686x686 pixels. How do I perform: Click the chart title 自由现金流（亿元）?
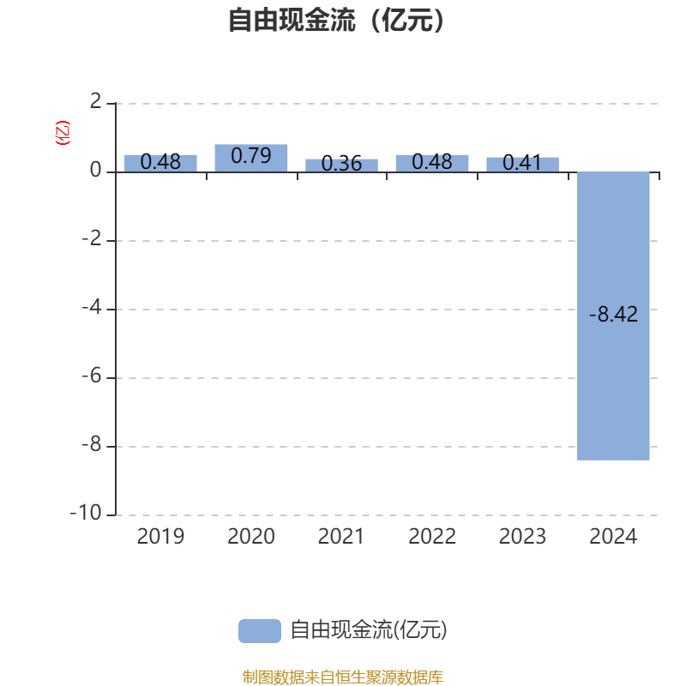(x=336, y=20)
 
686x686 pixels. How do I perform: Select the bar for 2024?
(x=613, y=316)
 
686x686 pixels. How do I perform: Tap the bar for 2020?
(x=251, y=158)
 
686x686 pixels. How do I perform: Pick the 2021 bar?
(x=341, y=165)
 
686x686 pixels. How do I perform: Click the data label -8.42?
(x=613, y=314)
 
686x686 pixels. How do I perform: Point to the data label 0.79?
(x=251, y=156)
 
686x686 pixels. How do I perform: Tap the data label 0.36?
(x=341, y=164)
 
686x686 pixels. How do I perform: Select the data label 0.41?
(x=522, y=163)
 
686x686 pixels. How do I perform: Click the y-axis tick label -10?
(x=86, y=512)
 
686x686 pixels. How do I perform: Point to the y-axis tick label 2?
(x=95, y=101)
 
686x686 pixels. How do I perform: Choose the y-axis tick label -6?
(x=92, y=376)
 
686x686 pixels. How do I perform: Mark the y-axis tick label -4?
(x=92, y=307)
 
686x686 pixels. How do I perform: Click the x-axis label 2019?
(x=160, y=537)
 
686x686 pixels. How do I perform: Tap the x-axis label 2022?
(x=432, y=537)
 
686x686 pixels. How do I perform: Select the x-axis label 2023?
(x=522, y=537)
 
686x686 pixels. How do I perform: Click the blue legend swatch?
(x=260, y=631)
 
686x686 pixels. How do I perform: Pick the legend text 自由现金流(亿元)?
(x=369, y=630)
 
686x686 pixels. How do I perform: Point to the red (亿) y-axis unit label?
(x=62, y=133)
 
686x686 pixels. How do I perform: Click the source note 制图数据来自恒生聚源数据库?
(x=342, y=677)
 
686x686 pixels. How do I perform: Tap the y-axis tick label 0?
(x=95, y=170)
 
